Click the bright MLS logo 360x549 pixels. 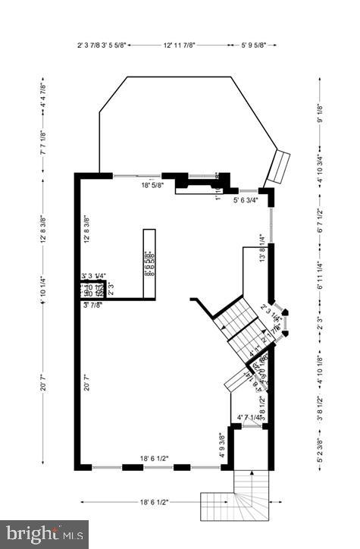(44, 534)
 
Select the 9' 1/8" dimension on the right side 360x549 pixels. (320, 113)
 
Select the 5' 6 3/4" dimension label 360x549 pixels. (246, 200)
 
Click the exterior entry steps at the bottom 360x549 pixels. (235, 500)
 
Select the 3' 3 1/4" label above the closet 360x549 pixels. (94, 276)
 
